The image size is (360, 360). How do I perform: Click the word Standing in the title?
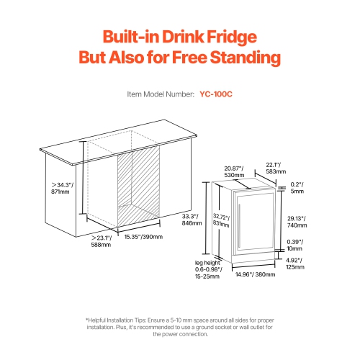coord(240,58)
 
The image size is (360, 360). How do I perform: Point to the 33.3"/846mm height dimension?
coord(191,220)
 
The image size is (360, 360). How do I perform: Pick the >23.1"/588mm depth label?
coord(102,240)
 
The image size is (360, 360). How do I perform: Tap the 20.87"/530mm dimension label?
coord(233,170)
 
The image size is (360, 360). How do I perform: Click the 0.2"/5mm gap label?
coord(297,188)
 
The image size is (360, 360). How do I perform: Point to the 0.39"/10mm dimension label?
coord(296,245)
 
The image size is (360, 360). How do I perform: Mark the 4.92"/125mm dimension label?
coord(296,264)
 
